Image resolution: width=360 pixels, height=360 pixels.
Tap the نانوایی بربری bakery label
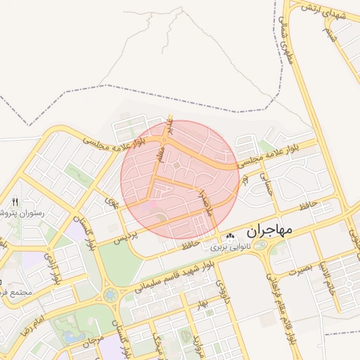click(225, 247)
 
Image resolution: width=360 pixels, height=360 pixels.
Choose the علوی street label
click(112, 202)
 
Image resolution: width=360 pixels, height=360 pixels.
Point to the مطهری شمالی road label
click(290, 42)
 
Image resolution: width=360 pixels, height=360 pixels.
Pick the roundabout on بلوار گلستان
click(110, 295)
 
